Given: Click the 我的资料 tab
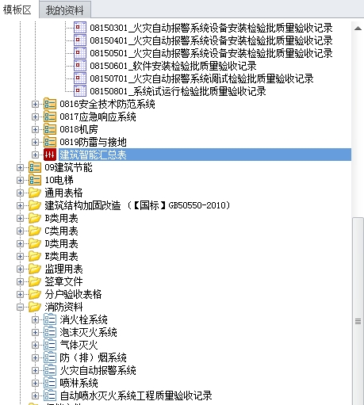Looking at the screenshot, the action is click(65, 10).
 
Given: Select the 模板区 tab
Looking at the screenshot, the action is click(17, 10).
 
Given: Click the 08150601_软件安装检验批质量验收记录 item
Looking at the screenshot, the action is click(173, 66).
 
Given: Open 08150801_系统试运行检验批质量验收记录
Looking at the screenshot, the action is click(178, 91).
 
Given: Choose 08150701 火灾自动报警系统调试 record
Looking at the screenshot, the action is click(201, 78).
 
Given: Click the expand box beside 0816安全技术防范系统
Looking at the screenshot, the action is click(35, 104).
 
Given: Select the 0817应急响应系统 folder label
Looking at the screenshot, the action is click(98, 117).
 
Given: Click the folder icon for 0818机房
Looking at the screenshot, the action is click(50, 129).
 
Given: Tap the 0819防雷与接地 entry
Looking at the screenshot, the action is click(93, 142).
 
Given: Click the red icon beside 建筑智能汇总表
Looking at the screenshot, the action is click(50, 155).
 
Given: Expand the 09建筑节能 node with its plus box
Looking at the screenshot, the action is click(20, 167).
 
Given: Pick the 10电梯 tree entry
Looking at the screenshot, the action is click(59, 180).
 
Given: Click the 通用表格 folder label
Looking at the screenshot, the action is click(63, 193).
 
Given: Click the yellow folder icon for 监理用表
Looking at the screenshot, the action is click(35, 269).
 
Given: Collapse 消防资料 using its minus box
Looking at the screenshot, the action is click(20, 307).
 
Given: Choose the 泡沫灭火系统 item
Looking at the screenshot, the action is click(88, 332).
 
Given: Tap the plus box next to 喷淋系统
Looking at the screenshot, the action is click(35, 383).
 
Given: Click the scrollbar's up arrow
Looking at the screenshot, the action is click(358, 28).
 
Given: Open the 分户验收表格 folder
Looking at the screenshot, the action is click(73, 294).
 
